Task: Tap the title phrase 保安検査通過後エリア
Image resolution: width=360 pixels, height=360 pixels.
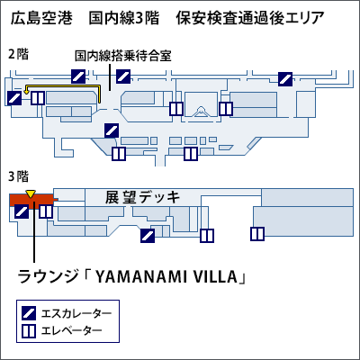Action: tap(246, 19)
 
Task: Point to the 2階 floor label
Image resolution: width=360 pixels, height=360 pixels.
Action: tap(17, 53)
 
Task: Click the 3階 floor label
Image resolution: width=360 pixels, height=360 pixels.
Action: tap(17, 175)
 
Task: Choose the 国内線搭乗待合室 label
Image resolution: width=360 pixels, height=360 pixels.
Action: tap(123, 55)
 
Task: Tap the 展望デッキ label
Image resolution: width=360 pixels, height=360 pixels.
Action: tap(143, 197)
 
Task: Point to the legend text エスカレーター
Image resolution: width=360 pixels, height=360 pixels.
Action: tap(77, 313)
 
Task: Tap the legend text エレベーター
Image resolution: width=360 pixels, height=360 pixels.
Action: tap(73, 330)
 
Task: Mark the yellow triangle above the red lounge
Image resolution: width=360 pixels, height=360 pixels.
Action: tap(31, 194)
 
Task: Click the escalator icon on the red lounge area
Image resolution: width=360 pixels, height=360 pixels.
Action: tap(22, 212)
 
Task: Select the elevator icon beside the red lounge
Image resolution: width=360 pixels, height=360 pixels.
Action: tap(45, 213)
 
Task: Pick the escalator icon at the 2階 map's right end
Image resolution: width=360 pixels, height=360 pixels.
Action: tap(285, 78)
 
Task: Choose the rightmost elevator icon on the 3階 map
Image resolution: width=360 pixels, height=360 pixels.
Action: tap(257, 234)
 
